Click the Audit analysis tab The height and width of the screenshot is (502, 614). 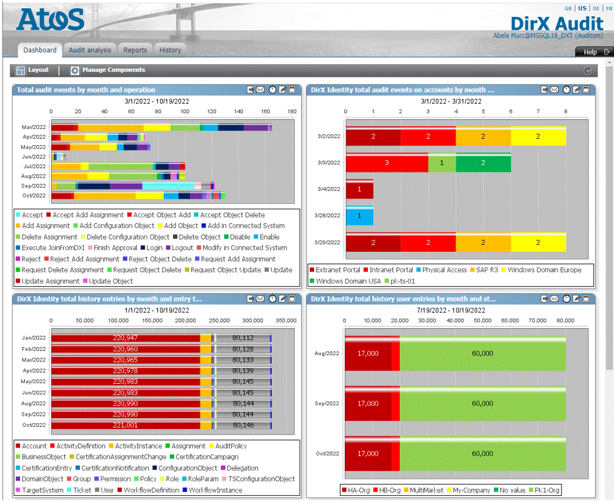(90, 50)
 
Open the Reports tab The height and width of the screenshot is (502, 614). (135, 50)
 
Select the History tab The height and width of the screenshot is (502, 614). (170, 50)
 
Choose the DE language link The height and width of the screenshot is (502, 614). (596, 9)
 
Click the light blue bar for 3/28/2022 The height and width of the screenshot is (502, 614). (359, 216)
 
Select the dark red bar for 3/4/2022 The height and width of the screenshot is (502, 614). (359, 189)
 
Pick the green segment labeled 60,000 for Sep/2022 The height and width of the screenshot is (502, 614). (482, 404)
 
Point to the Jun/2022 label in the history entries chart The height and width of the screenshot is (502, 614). (34, 393)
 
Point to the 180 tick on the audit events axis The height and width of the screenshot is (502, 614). (292, 112)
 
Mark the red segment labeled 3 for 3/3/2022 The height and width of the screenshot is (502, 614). (387, 162)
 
